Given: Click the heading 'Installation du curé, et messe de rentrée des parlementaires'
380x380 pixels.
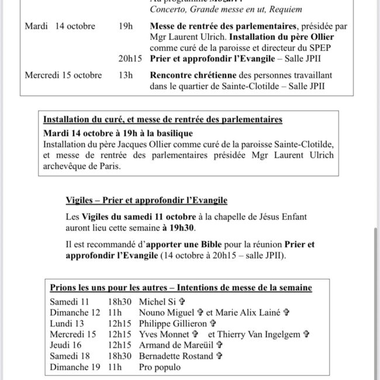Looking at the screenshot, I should tap(163, 119).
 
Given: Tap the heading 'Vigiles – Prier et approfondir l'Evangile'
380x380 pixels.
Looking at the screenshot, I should tap(146, 201).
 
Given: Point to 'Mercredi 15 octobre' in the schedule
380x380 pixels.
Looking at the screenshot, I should tap(63, 75).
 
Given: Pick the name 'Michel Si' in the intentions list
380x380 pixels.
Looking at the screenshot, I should tap(157, 302).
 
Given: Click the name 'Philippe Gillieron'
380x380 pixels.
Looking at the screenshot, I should tap(173, 323).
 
